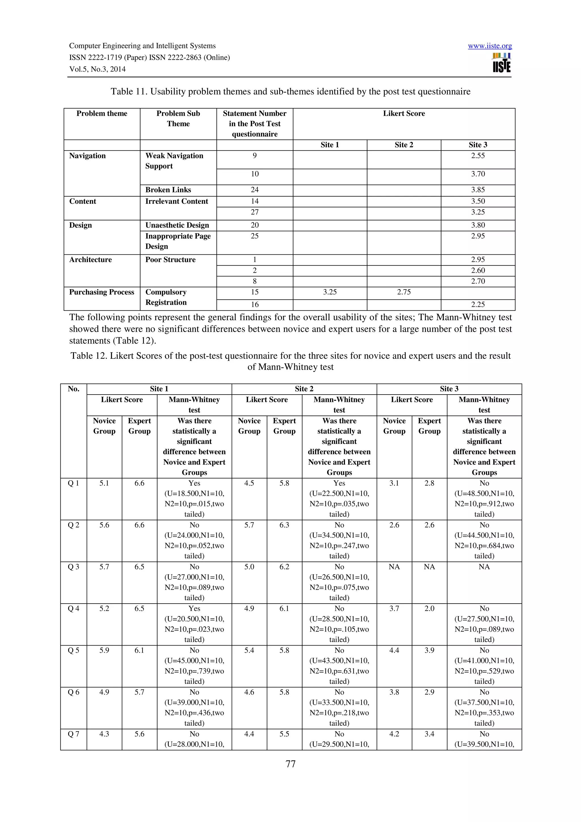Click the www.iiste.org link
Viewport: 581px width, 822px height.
click(489, 46)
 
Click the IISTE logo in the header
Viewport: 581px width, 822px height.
click(501, 63)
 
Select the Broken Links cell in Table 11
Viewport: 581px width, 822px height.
click(168, 190)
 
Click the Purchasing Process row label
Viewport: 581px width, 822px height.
click(102, 292)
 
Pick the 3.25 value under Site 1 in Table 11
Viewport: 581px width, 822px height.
click(329, 292)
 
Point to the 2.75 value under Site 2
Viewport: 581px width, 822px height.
click(403, 292)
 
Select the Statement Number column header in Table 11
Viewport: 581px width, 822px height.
click(254, 123)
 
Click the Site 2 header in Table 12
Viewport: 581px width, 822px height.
click(304, 389)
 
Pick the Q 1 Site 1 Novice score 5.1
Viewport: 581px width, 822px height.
click(104, 483)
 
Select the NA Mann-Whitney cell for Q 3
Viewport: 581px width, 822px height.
click(484, 567)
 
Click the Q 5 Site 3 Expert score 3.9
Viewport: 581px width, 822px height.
click(429, 650)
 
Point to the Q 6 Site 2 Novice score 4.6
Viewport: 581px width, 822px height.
click(249, 692)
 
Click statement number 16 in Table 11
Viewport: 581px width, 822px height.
click(254, 305)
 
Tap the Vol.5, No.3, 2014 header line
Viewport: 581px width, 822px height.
click(97, 69)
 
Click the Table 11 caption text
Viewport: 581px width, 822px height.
click(290, 92)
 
